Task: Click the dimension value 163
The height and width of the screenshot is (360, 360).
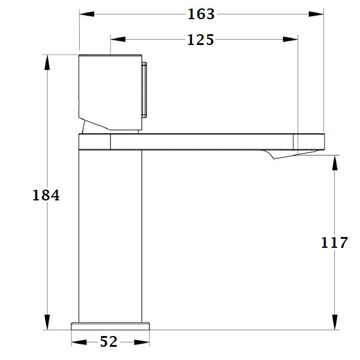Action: point(200,14)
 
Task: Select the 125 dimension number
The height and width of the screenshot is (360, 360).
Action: point(200,40)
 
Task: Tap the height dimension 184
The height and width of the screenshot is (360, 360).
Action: point(46,195)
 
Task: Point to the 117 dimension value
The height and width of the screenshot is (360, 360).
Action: point(334,242)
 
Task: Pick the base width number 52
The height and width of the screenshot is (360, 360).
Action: point(109,342)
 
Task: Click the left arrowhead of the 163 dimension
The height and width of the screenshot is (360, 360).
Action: point(83,14)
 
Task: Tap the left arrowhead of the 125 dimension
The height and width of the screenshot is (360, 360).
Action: point(113,40)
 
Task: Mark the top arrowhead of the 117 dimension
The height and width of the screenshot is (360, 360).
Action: point(334,160)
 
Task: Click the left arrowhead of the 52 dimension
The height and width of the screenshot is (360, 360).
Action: point(75,342)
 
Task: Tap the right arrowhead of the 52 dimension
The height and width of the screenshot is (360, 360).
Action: point(146,342)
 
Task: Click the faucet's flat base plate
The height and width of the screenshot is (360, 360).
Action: point(110,326)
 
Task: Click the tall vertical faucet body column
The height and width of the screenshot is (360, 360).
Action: point(110,234)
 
